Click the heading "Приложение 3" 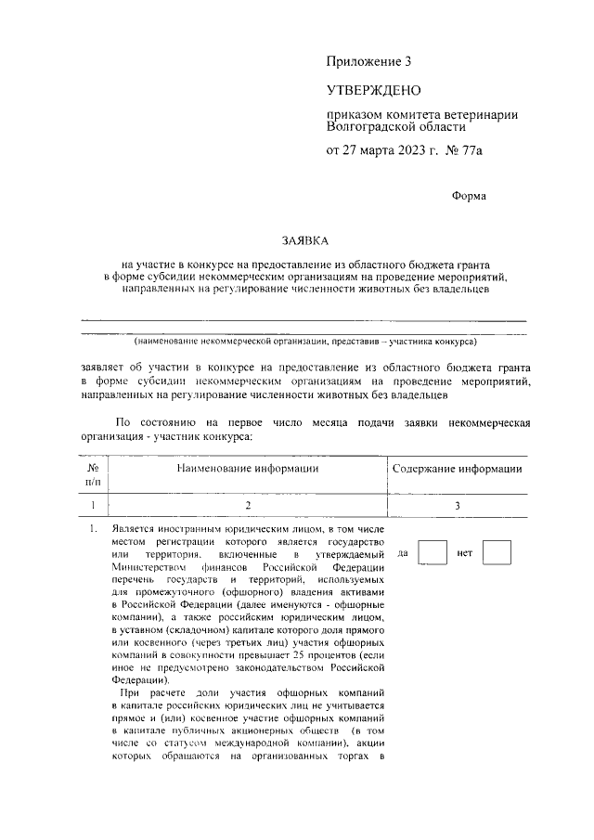click(x=368, y=62)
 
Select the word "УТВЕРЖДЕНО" click(x=373, y=90)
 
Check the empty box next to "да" click(x=433, y=553)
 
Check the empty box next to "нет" click(x=497, y=553)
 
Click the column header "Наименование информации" click(x=248, y=469)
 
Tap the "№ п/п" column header click(x=93, y=475)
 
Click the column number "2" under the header click(x=248, y=505)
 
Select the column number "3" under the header click(x=457, y=505)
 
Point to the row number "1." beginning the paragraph click(x=93, y=529)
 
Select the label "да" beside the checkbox click(x=404, y=554)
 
